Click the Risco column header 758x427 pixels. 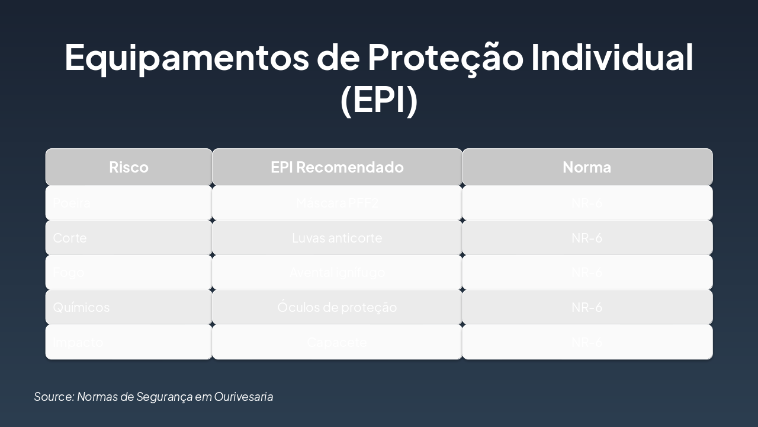pos(129,167)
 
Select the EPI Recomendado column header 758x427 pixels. pos(337,167)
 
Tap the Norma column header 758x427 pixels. pos(587,167)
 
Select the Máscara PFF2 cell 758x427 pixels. pos(337,203)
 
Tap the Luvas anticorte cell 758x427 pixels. pos(337,238)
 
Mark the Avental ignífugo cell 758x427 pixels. pos(337,273)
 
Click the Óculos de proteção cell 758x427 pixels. pos(337,307)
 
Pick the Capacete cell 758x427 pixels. pos(337,342)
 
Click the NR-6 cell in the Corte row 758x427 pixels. pos(587,238)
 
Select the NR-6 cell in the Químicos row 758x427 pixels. pos(587,307)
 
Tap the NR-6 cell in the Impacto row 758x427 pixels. pos(587,342)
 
